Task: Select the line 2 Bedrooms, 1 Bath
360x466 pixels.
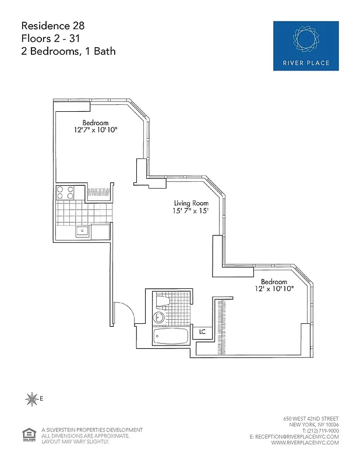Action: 68,51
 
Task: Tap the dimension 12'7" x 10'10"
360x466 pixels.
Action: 96,130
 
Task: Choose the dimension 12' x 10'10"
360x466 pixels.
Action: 274,288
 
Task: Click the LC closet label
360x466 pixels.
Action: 202,331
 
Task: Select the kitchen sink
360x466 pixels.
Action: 82,231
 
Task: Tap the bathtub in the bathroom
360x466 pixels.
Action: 171,337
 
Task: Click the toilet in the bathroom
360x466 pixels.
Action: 163,302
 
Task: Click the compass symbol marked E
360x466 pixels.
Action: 31,399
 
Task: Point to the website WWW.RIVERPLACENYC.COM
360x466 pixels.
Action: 305,442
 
